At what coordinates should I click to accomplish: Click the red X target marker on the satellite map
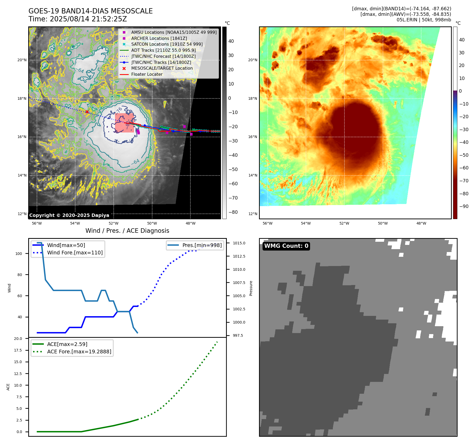tap(87, 112)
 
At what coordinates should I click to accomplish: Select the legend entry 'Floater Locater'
tap(147, 74)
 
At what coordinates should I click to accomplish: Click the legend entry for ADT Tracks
tap(163, 50)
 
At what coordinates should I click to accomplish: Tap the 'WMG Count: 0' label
tap(286, 246)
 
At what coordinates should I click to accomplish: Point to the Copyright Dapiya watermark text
tap(69, 215)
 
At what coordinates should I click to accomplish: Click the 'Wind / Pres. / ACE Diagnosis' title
tap(127, 231)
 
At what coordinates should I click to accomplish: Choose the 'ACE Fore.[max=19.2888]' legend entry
tap(79, 352)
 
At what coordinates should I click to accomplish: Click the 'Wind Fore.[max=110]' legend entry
tap(75, 253)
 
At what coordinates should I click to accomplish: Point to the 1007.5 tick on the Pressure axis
tap(239, 283)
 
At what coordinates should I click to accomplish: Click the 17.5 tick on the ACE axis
tap(18, 350)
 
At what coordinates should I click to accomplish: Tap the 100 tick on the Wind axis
tap(19, 254)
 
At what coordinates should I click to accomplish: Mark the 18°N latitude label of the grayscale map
tap(22, 99)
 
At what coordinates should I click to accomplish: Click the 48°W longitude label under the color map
tap(421, 224)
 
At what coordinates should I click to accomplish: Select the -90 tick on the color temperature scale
tap(464, 206)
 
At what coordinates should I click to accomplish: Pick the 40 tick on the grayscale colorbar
tap(231, 41)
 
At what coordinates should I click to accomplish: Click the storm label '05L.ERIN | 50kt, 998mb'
tap(424, 20)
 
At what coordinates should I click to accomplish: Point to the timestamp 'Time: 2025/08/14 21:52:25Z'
tap(78, 19)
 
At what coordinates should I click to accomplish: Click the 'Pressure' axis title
tap(251, 288)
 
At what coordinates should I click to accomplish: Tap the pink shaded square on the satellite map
tap(124, 123)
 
